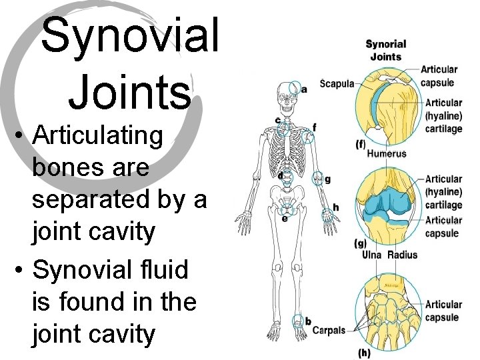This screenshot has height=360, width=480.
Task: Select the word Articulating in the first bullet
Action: click(x=97, y=135)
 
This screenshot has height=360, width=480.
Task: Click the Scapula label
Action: click(x=337, y=84)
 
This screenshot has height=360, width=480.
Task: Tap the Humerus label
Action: click(x=387, y=153)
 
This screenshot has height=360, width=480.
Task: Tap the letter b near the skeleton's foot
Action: click(x=308, y=321)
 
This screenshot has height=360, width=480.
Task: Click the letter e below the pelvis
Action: click(x=285, y=217)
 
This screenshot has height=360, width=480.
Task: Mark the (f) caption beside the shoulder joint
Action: click(x=361, y=144)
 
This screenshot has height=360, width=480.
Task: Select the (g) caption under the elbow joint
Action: click(x=360, y=244)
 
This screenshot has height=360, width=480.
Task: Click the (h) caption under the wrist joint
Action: click(x=364, y=351)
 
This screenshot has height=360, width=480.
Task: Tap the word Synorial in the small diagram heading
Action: click(x=385, y=45)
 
